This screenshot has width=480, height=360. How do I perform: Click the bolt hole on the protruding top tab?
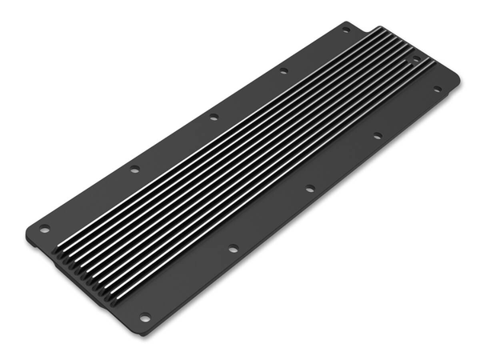tap(346, 30)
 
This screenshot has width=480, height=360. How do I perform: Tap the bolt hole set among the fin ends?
tap(415, 59)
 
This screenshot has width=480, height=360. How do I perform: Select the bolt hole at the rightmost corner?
tap(438, 89)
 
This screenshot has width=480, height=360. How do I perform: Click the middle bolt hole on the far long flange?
tap(214, 117)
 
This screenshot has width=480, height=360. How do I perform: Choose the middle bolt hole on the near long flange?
tap(310, 189)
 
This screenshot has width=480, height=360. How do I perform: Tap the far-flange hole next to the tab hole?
tap(283, 71)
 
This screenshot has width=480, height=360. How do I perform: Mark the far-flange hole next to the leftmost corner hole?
tap(134, 169)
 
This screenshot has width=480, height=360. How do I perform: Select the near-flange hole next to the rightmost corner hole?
tap(377, 136)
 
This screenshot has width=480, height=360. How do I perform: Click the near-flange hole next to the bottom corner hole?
tap(232, 249)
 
